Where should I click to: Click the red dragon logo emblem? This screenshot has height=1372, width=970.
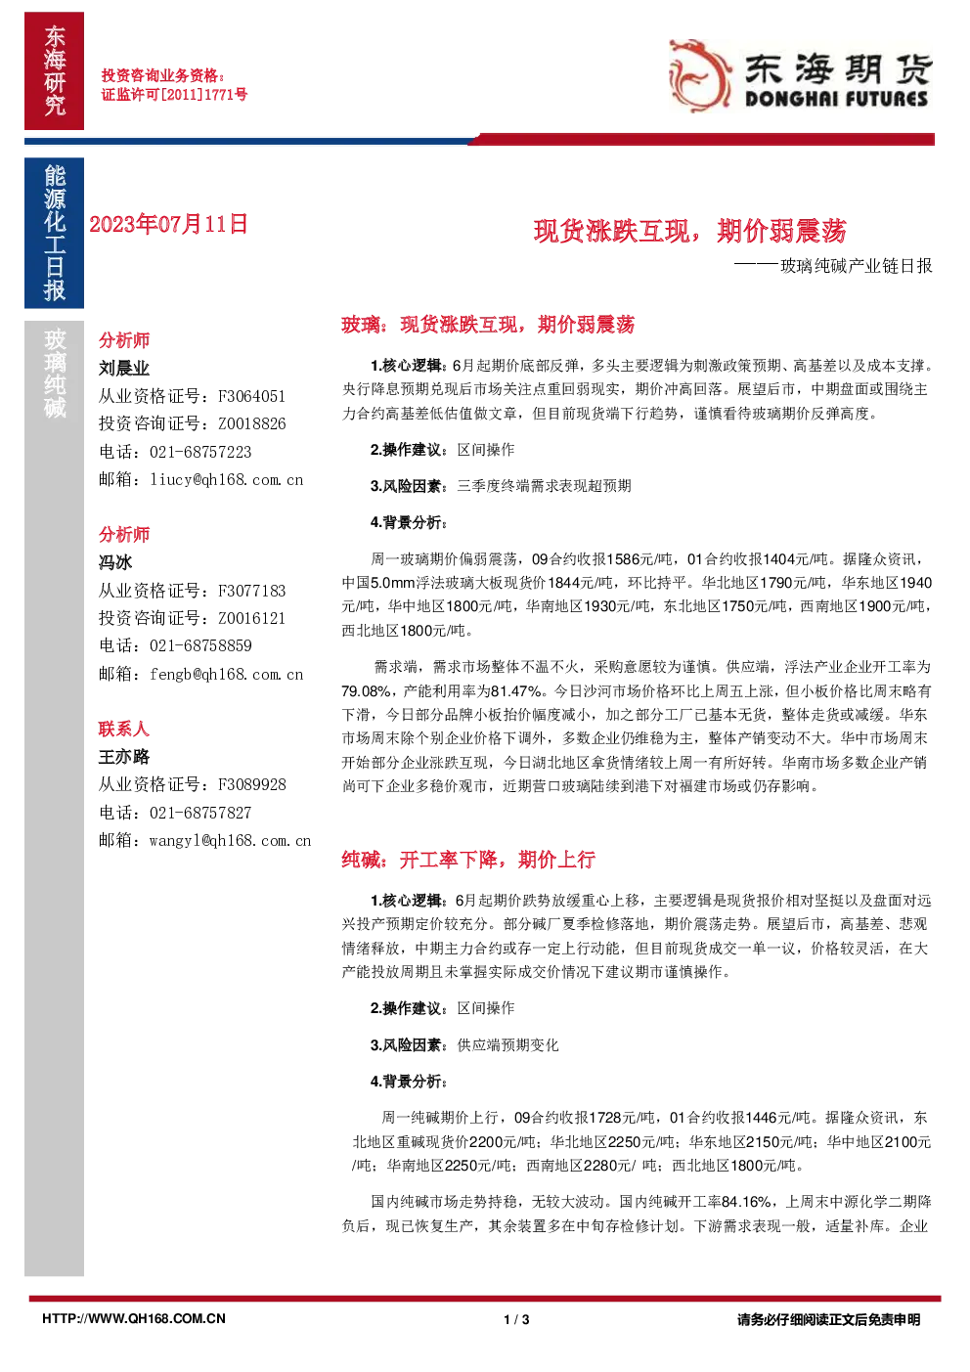click(699, 76)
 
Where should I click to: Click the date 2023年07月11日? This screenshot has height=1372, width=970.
click(168, 224)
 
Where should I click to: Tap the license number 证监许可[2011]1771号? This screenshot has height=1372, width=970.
click(174, 94)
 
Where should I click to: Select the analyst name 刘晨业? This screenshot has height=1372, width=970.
click(124, 368)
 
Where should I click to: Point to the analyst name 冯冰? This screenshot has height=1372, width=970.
click(115, 562)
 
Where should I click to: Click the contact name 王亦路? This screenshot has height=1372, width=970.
click(124, 757)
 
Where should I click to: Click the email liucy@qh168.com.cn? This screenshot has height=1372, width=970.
click(227, 479)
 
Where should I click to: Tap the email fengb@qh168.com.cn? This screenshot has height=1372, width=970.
click(227, 674)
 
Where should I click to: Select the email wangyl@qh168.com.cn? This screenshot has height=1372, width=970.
click(230, 840)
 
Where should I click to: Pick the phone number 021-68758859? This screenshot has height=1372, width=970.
click(200, 645)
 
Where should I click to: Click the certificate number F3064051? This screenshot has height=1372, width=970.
click(251, 396)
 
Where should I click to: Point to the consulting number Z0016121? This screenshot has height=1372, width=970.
click(251, 618)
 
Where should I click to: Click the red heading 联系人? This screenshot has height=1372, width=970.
click(124, 729)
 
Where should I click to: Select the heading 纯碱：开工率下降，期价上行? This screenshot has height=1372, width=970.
click(468, 860)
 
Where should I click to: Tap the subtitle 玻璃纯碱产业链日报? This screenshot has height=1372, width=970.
click(857, 266)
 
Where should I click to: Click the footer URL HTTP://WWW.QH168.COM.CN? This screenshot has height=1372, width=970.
click(134, 1319)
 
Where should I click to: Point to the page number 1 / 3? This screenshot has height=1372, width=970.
click(517, 1319)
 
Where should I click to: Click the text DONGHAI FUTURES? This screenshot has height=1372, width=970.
click(836, 99)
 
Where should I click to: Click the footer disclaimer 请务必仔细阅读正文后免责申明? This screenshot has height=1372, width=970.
click(828, 1319)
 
